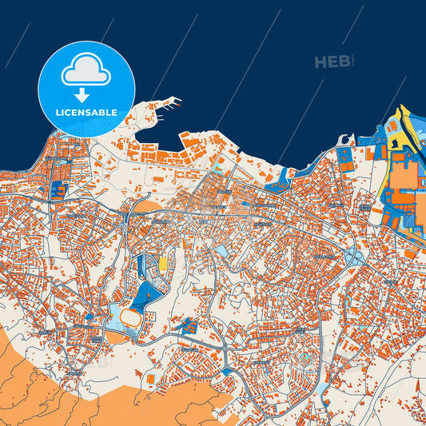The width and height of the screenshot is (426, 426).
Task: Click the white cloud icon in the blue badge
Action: tap(86, 71)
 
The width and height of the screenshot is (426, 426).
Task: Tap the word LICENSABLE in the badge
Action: tap(86, 113)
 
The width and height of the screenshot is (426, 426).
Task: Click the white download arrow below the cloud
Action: tap(86, 94)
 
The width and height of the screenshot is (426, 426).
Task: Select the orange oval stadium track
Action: tap(128, 319)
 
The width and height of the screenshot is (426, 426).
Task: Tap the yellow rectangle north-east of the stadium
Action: tap(163, 263)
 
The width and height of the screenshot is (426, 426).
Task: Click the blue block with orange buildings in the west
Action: tap(58, 189)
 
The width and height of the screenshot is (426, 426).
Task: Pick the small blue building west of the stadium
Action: tap(88, 317)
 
